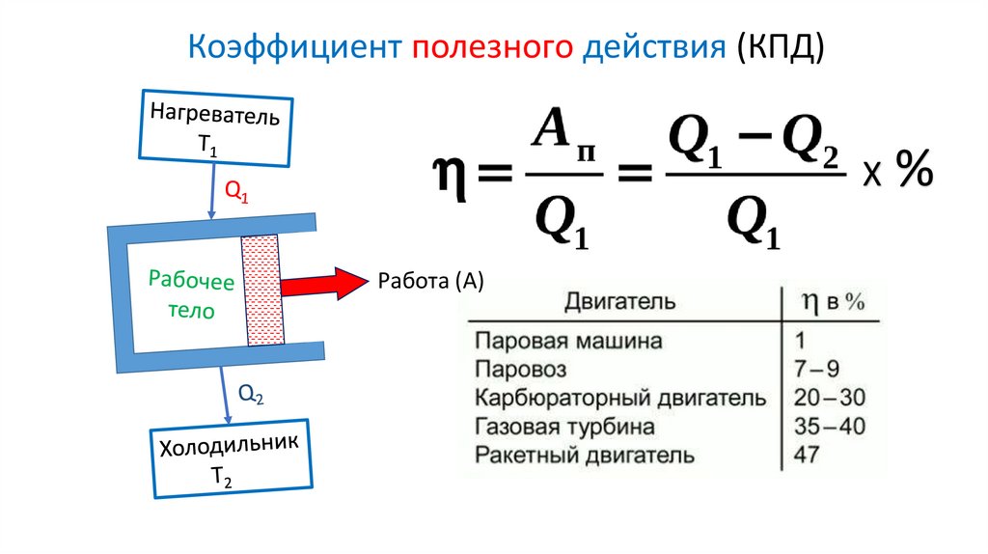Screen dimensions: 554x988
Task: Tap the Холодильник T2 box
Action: coord(229,457)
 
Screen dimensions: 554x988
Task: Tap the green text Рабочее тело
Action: coord(191,296)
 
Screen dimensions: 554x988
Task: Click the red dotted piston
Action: coord(262,290)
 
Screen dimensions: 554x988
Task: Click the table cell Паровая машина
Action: coord(568,341)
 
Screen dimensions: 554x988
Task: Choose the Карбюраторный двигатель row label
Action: coord(621,398)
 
